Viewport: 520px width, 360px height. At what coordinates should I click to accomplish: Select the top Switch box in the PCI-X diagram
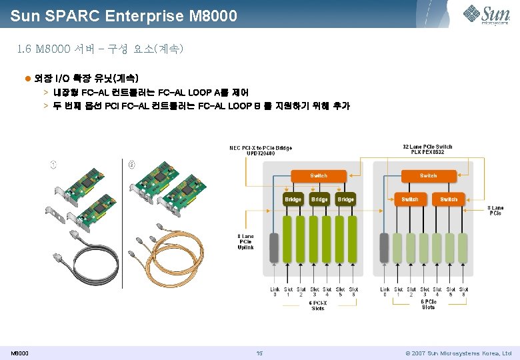click(x=319, y=176)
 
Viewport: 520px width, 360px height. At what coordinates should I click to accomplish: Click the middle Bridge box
click(x=319, y=199)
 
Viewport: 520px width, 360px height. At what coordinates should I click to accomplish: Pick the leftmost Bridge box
click(x=293, y=199)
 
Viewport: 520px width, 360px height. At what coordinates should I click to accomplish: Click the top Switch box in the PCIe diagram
click(x=429, y=176)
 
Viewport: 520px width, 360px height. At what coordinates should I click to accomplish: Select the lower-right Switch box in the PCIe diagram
click(x=449, y=199)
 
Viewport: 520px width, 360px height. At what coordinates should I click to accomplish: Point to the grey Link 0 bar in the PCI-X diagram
click(x=274, y=248)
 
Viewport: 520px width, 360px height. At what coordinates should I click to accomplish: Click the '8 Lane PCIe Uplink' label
click(x=245, y=241)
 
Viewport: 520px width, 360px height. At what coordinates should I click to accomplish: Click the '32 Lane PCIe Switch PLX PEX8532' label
click(x=427, y=149)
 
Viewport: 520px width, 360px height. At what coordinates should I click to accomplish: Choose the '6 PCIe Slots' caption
click(x=429, y=304)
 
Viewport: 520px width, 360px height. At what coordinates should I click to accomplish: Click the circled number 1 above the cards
click(x=53, y=164)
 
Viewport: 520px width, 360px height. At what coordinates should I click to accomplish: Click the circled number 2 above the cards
click(x=131, y=164)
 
